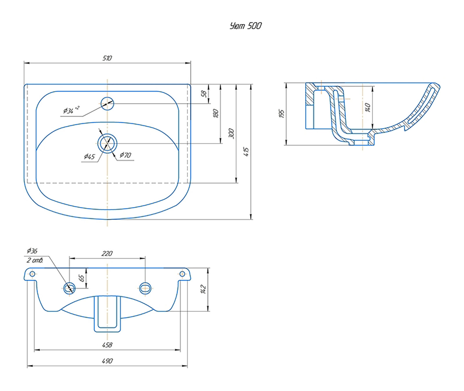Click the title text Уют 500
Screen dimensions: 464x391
tap(246, 26)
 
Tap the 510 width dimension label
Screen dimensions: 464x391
tap(107, 58)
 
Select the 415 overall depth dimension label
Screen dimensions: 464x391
tap(246, 151)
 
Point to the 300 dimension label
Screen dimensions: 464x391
tap(231, 133)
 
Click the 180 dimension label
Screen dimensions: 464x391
tap(215, 113)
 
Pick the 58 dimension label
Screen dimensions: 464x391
tap(204, 94)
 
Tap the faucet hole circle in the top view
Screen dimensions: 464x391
tap(107, 103)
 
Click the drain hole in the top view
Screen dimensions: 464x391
tap(107, 143)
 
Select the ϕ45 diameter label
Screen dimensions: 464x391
tap(89, 157)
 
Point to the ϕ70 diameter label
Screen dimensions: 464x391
tap(125, 155)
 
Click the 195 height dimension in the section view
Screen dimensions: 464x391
tap(281, 114)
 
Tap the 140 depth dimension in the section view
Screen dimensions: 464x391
tap(368, 107)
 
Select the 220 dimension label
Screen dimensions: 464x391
tap(107, 254)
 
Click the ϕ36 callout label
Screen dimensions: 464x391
tap(32, 251)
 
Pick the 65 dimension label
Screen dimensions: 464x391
tap(82, 278)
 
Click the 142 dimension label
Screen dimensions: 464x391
tap(203, 289)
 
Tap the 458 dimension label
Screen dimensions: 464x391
tap(107, 345)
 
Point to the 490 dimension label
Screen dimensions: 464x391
tap(107, 361)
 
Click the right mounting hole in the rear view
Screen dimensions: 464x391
tap(182, 274)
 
